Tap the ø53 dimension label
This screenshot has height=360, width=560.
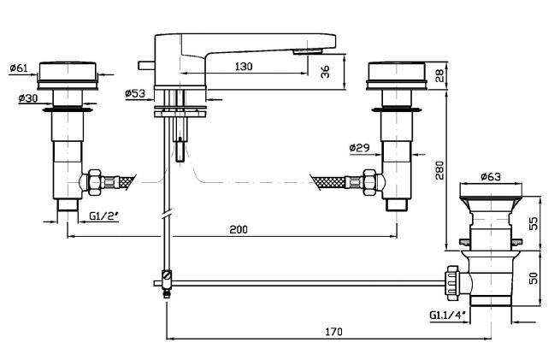click(x=137, y=94)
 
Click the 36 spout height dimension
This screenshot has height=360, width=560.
click(x=325, y=74)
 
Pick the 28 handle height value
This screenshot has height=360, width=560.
click(x=439, y=77)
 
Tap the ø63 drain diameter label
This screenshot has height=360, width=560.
click(x=490, y=177)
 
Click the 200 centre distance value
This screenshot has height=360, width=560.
click(x=239, y=229)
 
